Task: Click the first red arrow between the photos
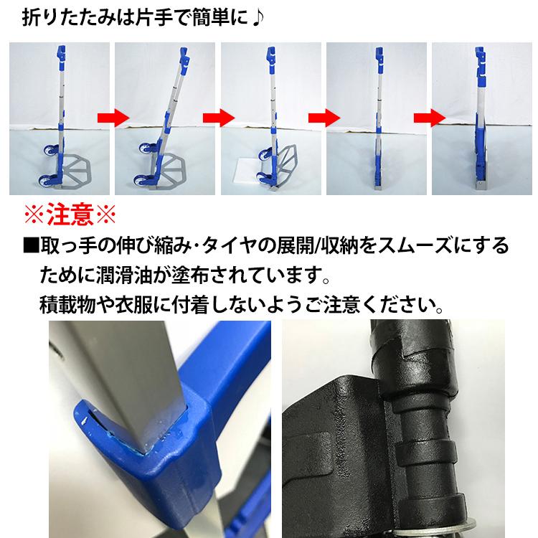[x=113, y=118]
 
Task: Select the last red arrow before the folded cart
[x=430, y=118]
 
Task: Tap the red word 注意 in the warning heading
[x=70, y=214]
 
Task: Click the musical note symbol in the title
[x=258, y=18]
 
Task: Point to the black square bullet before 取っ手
[x=31, y=246]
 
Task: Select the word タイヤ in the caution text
[x=232, y=246]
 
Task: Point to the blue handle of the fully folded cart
[x=481, y=67]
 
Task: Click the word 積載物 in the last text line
[x=67, y=305]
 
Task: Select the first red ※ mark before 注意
[x=34, y=214]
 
